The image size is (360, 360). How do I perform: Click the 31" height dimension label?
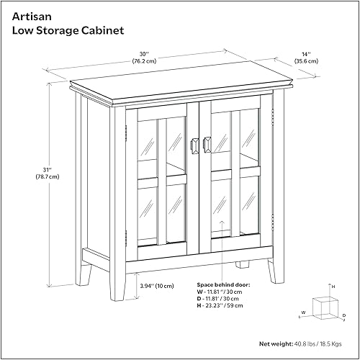[x=28, y=170]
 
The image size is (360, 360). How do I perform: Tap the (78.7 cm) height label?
[x=29, y=179]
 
